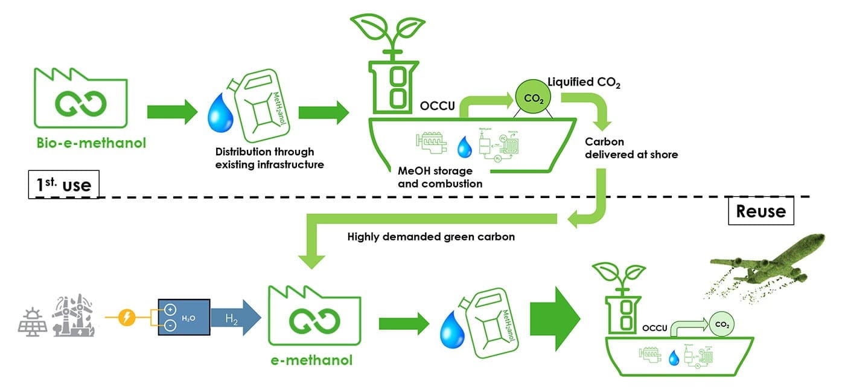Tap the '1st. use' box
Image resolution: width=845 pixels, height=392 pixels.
tap(63, 184)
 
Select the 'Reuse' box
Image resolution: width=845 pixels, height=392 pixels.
tap(760, 211)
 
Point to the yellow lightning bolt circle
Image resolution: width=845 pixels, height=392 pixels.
tap(127, 316)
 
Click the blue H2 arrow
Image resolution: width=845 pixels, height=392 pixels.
tap(235, 317)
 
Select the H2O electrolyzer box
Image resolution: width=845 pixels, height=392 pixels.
tap(183, 317)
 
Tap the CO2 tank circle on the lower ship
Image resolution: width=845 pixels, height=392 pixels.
tap(722, 325)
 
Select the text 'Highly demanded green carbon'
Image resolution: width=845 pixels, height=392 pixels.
tap(431, 237)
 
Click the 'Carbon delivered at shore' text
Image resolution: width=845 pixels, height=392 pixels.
tap(631, 148)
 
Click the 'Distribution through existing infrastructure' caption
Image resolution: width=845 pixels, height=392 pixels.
tap(264, 158)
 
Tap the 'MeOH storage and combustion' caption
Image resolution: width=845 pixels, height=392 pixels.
tap(440, 177)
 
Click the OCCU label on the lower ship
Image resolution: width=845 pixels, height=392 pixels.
tap(655, 329)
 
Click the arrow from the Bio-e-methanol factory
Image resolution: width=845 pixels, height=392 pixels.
tap(172, 112)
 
